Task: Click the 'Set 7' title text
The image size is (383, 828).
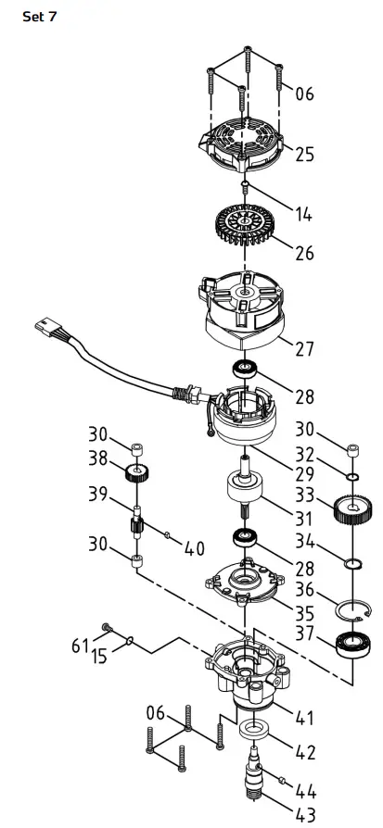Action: tap(39, 17)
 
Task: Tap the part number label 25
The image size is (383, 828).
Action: tap(304, 155)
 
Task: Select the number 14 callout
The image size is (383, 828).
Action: tap(303, 215)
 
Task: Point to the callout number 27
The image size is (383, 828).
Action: tap(304, 349)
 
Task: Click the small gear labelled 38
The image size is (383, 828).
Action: tap(137, 474)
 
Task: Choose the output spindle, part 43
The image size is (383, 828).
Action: tap(252, 779)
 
